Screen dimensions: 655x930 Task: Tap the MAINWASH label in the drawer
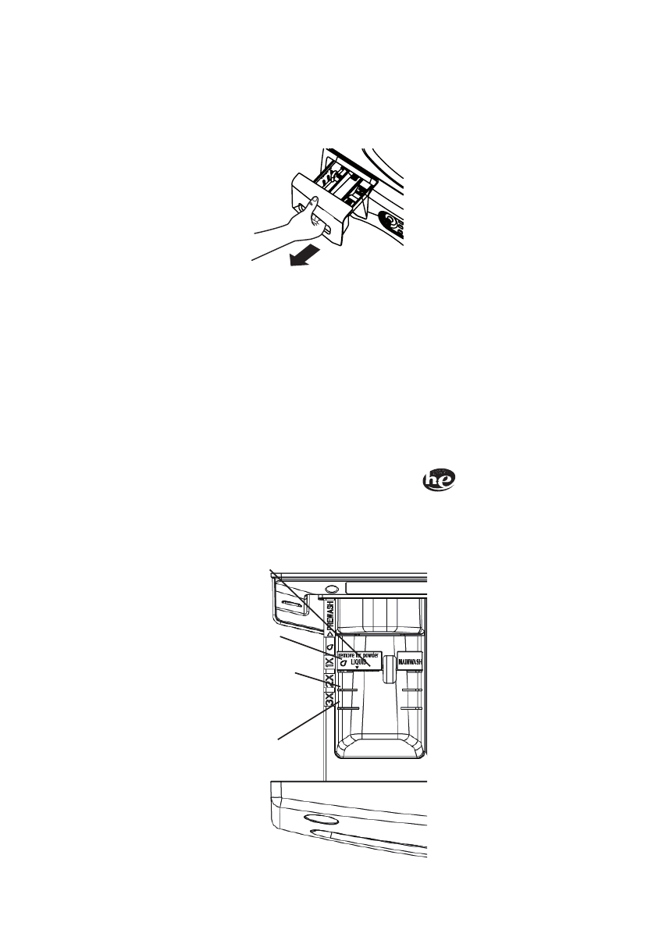[x=411, y=661]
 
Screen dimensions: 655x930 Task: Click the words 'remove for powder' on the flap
[x=358, y=654]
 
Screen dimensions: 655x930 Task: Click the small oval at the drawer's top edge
[x=331, y=588]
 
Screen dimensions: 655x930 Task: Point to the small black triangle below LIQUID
[x=358, y=668]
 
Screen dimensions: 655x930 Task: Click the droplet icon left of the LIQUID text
[x=343, y=663]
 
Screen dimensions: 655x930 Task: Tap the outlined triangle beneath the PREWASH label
[x=331, y=634]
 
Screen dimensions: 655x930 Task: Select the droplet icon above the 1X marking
[x=331, y=647]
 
